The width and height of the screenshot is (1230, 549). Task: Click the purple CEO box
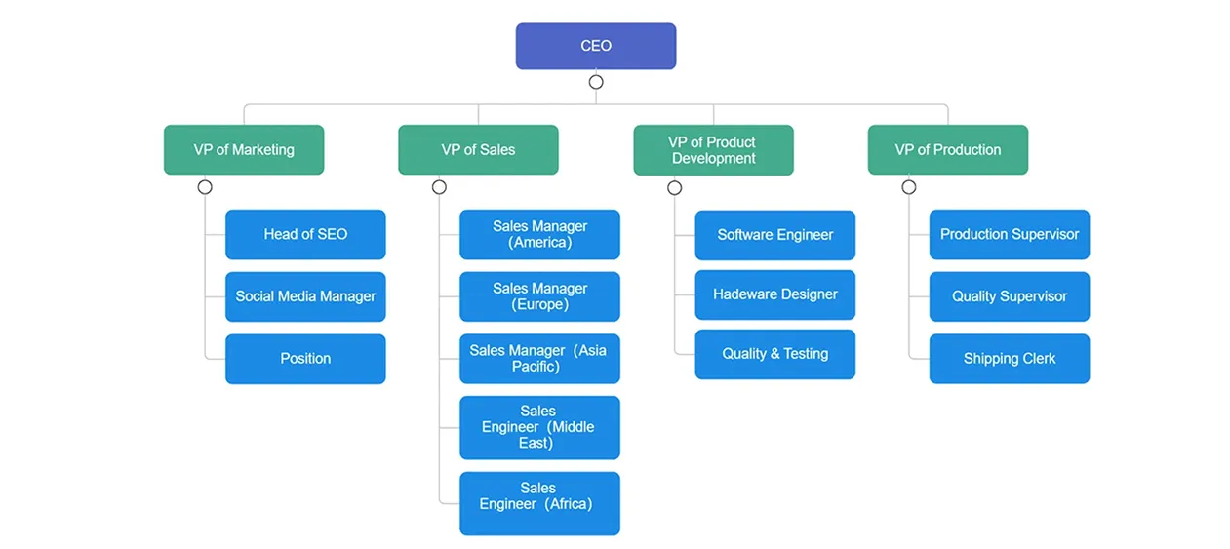[595, 46]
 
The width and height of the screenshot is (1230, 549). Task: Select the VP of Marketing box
[244, 149]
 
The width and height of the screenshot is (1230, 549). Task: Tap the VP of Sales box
[478, 149]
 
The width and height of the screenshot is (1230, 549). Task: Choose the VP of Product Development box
[713, 149]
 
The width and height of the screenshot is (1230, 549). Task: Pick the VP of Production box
[947, 149]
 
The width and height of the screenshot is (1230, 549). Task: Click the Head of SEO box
[305, 234]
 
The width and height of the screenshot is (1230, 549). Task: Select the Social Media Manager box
[305, 296]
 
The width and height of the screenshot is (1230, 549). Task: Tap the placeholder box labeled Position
[305, 358]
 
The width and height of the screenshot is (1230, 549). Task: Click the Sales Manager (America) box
[539, 234]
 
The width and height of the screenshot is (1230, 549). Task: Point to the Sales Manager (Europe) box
[539, 296]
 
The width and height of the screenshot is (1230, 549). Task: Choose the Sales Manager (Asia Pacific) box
[539, 358]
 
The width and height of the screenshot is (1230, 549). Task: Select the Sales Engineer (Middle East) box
[539, 427]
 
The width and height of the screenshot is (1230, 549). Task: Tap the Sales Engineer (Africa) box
[539, 503]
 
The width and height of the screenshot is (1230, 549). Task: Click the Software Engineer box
[774, 235]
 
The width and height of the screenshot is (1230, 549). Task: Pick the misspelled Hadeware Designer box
[774, 294]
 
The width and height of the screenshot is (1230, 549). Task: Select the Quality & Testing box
[774, 354]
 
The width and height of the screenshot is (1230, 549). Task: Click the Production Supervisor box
[1009, 234]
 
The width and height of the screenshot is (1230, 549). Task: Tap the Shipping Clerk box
[1009, 358]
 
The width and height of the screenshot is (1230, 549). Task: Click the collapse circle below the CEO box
[596, 82]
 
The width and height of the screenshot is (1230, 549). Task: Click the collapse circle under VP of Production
[908, 187]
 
